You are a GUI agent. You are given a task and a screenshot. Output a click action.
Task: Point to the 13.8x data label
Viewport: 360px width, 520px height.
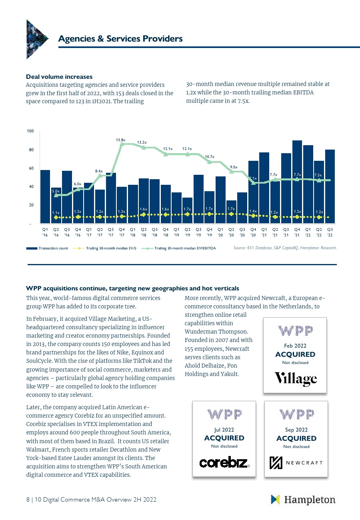click(120, 140)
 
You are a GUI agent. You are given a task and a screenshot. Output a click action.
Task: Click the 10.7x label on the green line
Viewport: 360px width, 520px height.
click(210, 157)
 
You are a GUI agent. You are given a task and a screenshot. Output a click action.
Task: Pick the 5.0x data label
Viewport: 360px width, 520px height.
click(56, 191)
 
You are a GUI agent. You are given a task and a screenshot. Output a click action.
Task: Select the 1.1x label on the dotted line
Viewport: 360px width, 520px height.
click(56, 213)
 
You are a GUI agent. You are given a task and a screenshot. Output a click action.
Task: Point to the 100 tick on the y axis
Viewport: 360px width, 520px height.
click(30, 131)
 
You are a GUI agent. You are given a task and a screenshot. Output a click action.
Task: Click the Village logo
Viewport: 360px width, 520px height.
click(295, 378)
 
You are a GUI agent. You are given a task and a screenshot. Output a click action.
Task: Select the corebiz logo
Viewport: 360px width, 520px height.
click(224, 462)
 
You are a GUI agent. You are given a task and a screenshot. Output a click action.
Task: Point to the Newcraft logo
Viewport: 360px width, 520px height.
click(296, 462)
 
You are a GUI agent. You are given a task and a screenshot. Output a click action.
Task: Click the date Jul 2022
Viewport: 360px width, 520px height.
click(224, 430)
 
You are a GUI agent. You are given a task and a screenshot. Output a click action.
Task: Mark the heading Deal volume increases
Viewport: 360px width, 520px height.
click(59, 76)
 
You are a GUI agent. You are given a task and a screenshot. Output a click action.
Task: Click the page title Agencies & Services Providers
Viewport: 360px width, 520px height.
click(120, 38)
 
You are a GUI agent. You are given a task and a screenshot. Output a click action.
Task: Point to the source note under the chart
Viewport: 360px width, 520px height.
click(285, 248)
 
